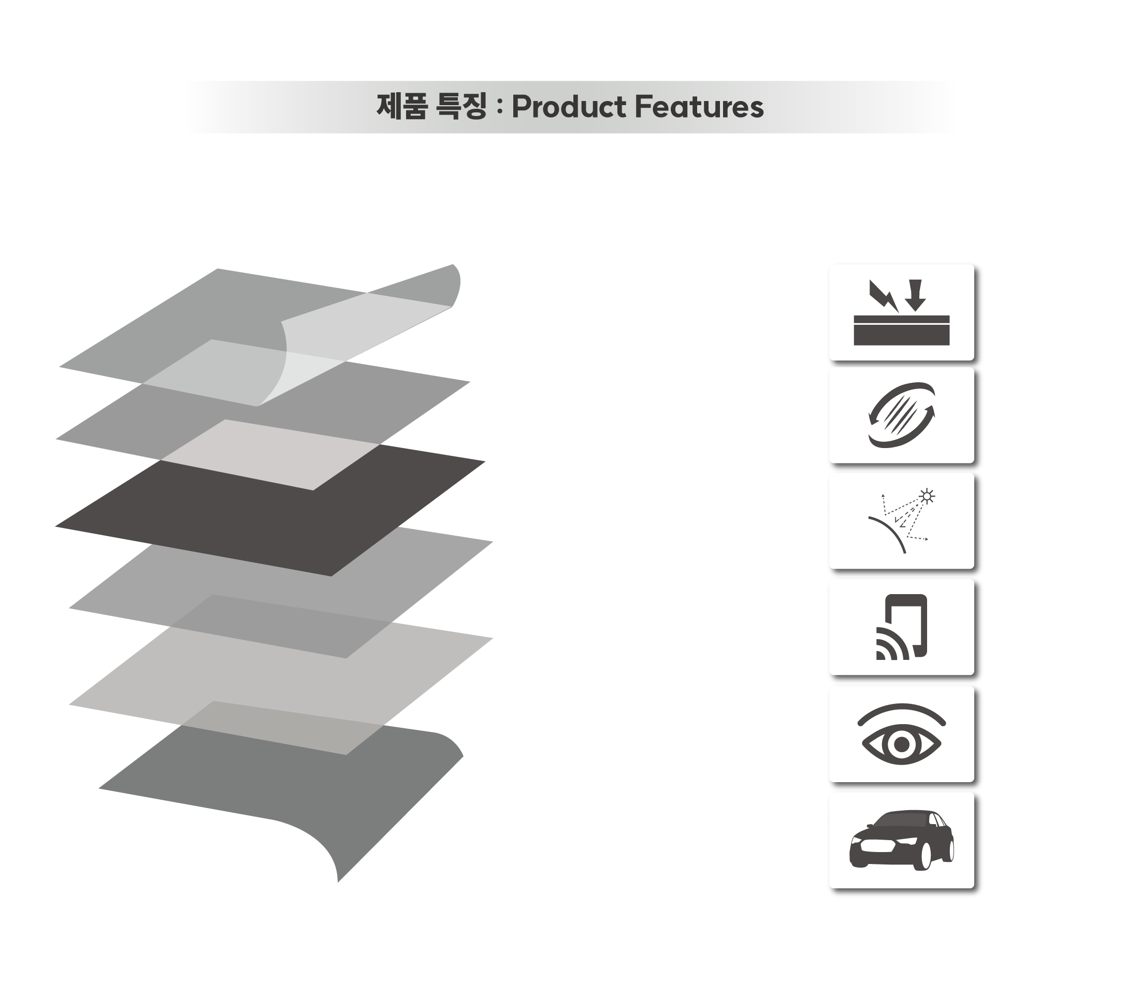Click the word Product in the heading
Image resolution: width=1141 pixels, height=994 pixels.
(569, 107)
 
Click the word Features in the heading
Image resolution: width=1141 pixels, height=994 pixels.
(700, 107)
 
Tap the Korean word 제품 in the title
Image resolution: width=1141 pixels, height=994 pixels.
(402, 107)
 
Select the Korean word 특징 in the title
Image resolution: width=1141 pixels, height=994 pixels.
(461, 107)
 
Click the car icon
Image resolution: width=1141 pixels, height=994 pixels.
(901, 840)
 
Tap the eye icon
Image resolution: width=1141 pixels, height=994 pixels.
(901, 734)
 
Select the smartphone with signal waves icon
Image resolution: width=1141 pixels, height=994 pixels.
(901, 627)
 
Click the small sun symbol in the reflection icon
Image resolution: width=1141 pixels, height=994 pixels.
(927, 496)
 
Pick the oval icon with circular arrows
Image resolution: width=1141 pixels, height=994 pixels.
(901, 415)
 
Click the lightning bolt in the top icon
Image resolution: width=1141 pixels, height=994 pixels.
(884, 296)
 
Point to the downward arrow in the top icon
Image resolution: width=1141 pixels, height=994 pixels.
(915, 295)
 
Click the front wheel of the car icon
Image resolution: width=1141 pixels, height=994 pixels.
(925, 855)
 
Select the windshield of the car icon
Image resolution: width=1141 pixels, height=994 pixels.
(902, 820)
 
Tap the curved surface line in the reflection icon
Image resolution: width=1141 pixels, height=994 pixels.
(889, 533)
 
